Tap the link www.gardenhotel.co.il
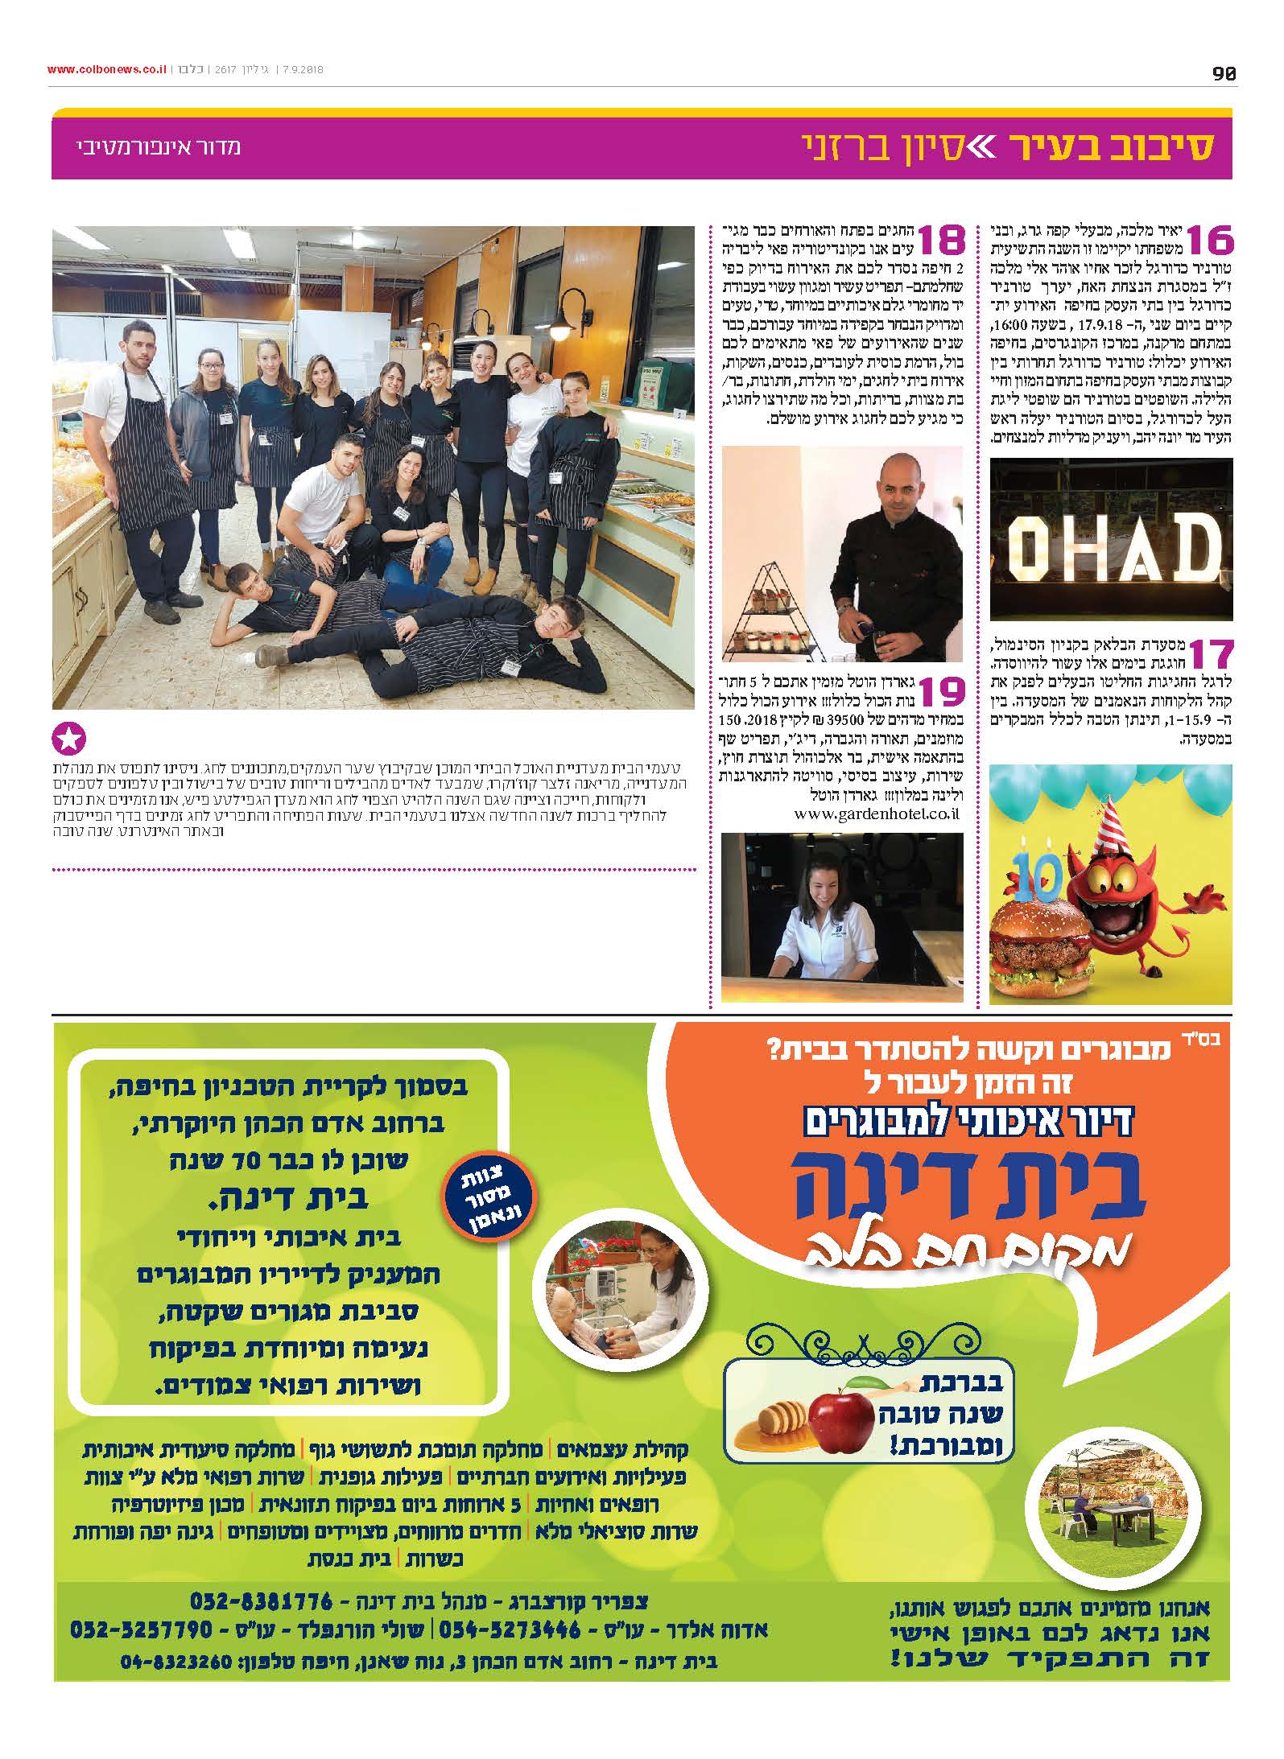(877, 814)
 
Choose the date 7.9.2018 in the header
(300, 70)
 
